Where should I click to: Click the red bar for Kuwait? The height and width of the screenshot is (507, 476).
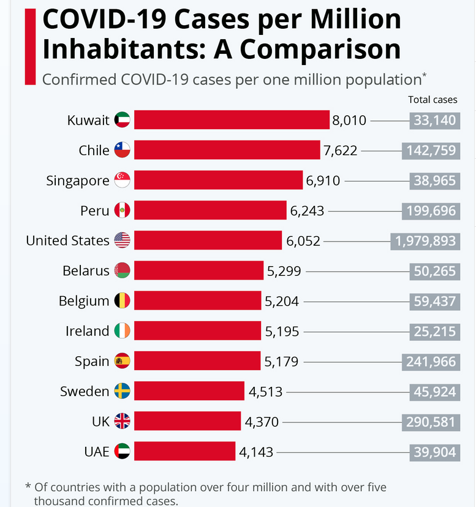tap(232, 120)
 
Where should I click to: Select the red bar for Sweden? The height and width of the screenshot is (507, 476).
tap(189, 391)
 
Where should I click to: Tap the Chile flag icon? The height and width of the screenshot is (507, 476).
tap(122, 150)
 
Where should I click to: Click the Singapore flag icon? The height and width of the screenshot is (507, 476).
tap(122, 180)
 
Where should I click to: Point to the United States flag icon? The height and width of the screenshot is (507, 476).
tap(122, 240)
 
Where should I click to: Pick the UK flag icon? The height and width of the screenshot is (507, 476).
tap(122, 421)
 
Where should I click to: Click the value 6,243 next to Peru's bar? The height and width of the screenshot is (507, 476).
tap(307, 211)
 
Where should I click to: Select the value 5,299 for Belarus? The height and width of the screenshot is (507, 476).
tap(284, 271)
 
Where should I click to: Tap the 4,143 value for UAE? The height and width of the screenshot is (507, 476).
tap(256, 452)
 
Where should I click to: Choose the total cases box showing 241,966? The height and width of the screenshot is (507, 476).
tap(431, 362)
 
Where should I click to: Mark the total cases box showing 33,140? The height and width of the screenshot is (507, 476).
tap(434, 120)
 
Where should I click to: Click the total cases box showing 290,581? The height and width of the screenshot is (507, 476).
tap(431, 422)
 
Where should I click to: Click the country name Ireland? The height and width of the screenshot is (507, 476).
tap(87, 331)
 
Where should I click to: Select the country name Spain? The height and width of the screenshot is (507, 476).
tap(92, 361)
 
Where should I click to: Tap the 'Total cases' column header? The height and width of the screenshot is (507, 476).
tap(433, 100)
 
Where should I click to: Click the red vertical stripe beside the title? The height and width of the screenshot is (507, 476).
tap(29, 47)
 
